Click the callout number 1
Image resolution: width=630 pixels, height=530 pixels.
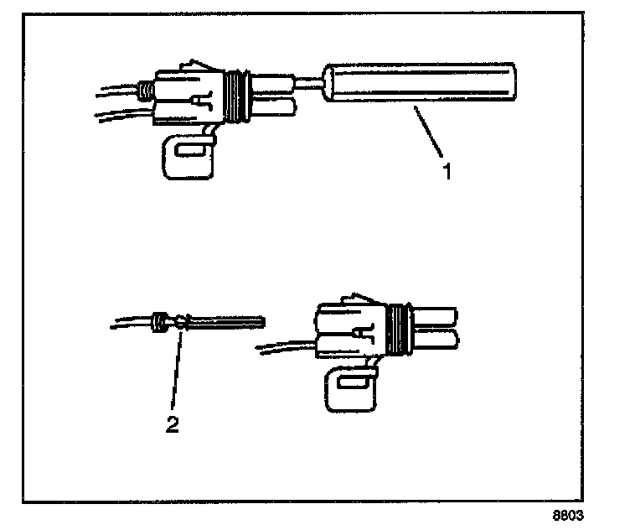[x=447, y=172]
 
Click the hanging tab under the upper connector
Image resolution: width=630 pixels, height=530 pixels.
[x=186, y=156]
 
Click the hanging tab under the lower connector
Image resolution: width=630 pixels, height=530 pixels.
[x=349, y=392]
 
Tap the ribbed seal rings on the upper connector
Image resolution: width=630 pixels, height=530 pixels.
[x=240, y=93]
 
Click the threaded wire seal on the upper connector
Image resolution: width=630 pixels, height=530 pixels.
[x=147, y=88]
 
